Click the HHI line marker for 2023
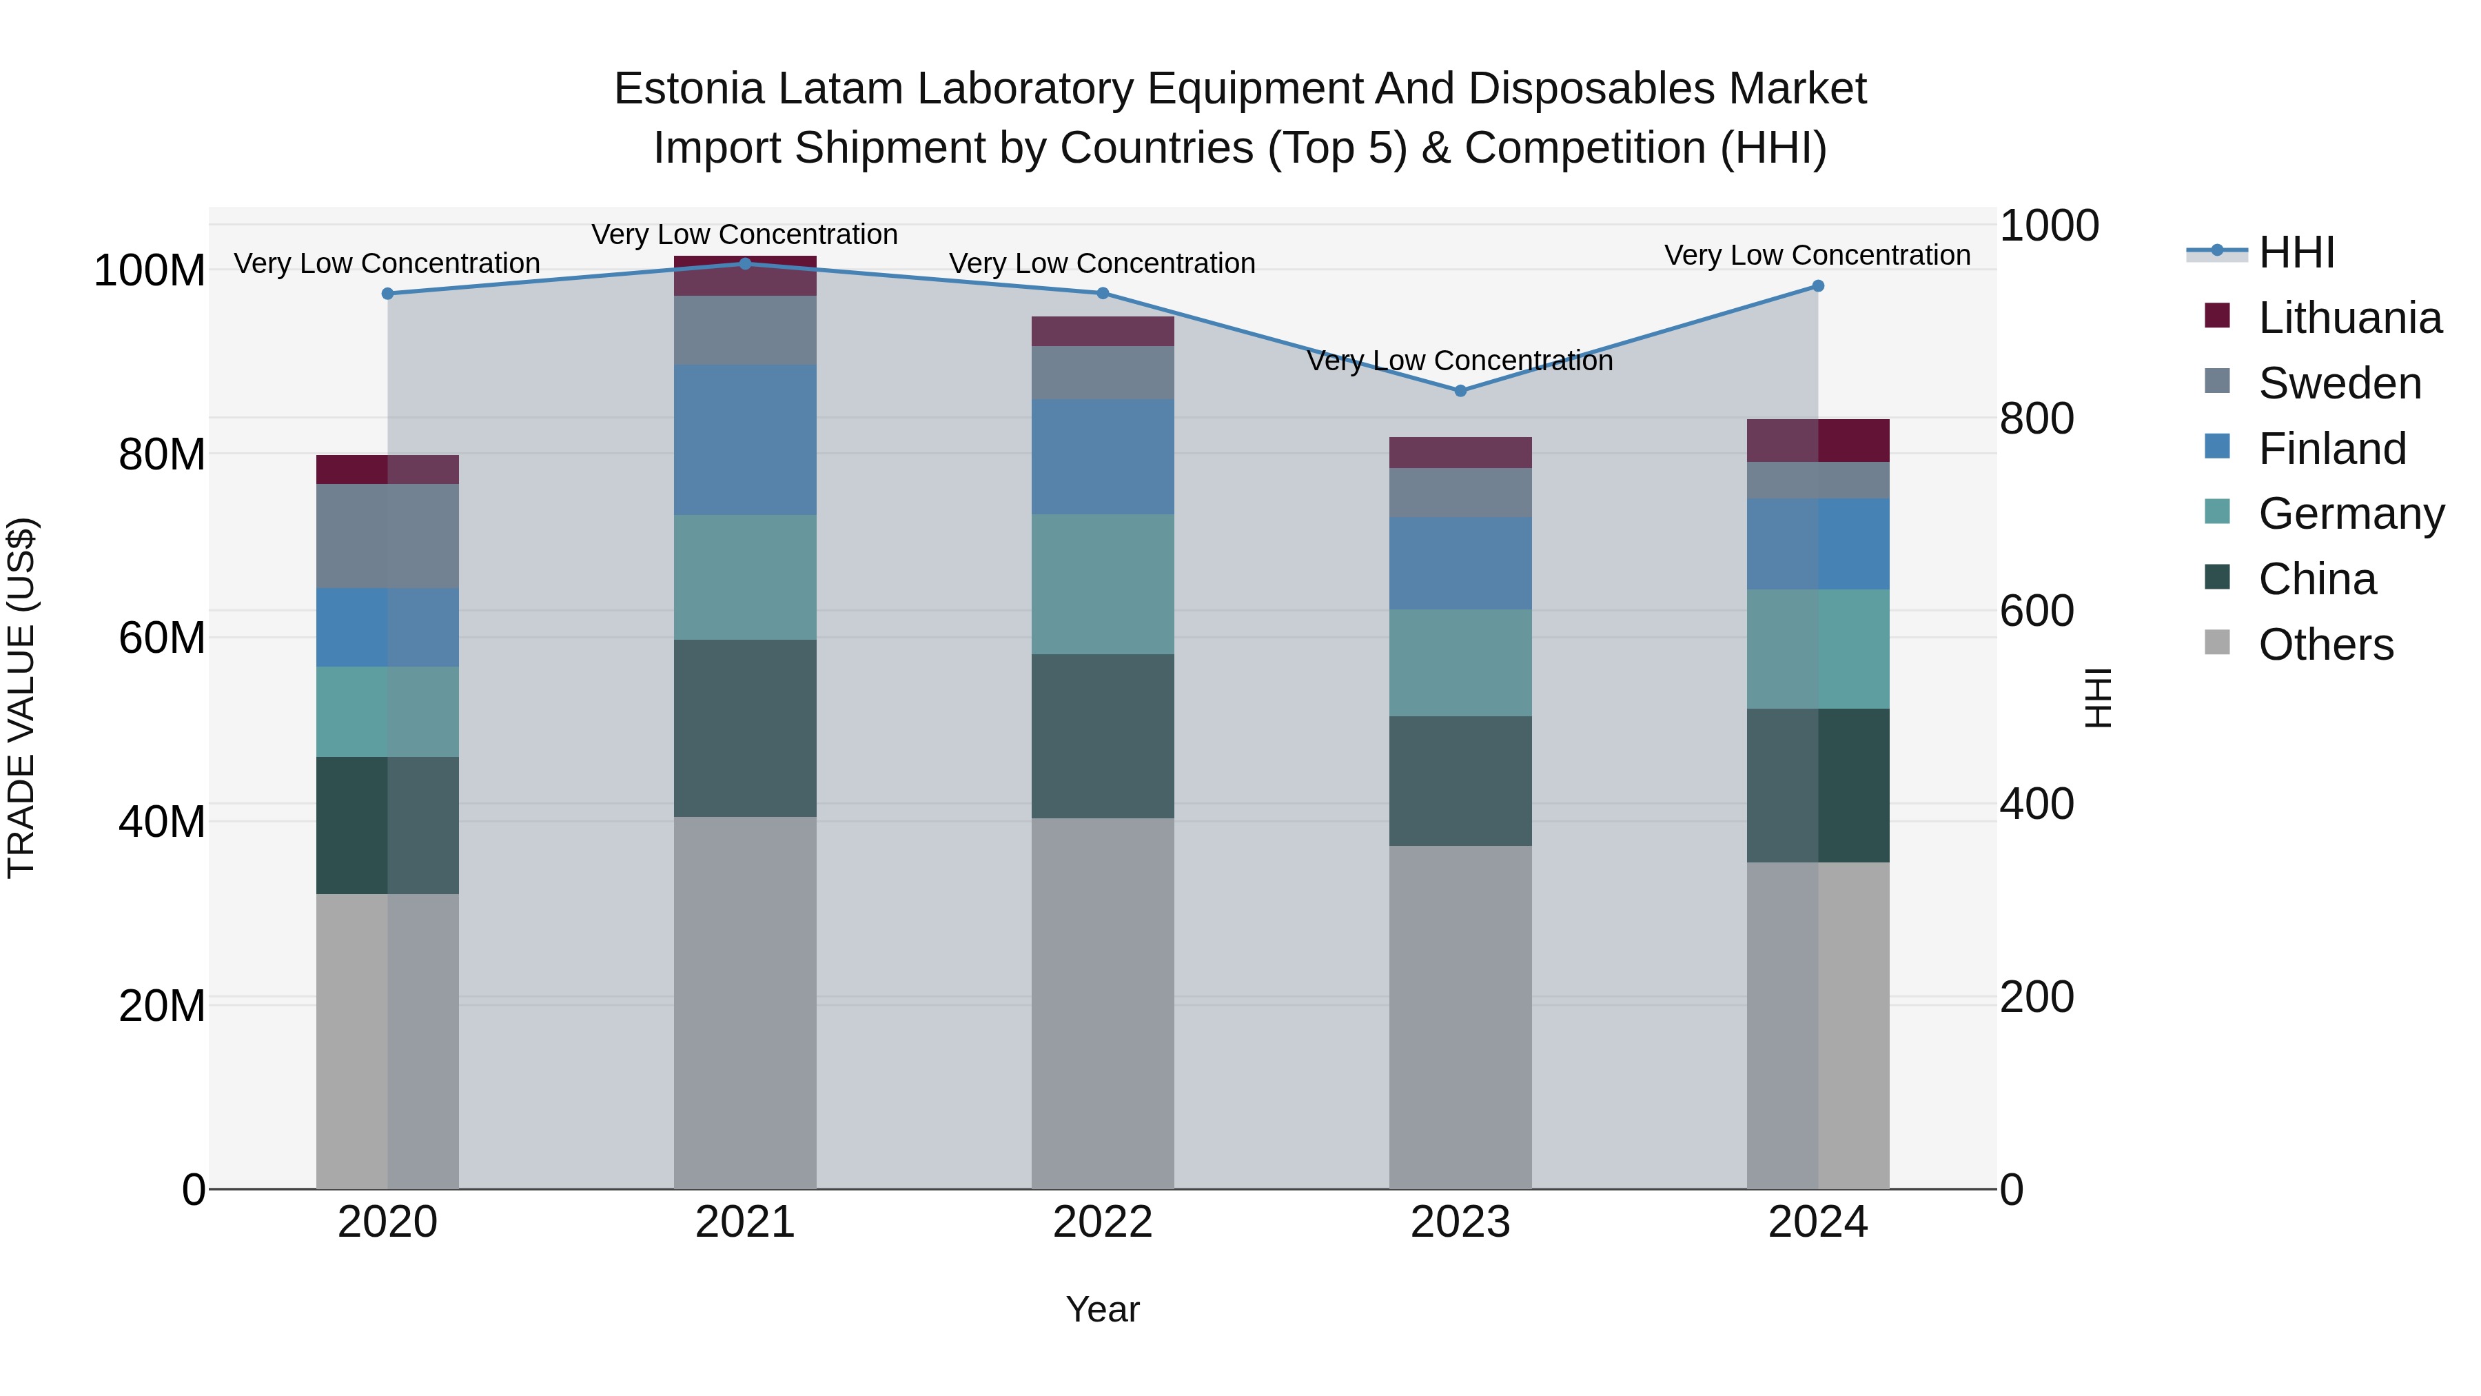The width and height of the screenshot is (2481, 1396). tap(1460, 390)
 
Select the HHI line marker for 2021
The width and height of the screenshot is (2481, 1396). tap(744, 264)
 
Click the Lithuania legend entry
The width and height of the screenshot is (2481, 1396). tap(2349, 318)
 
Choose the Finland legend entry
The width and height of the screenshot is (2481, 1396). tap(2331, 449)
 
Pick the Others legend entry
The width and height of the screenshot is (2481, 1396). tap(2325, 645)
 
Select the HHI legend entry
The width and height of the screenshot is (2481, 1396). tap(2296, 252)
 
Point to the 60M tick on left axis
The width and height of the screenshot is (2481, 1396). tap(162, 638)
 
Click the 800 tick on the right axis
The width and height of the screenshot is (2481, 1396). tap(2036, 418)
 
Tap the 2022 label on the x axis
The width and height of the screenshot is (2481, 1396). tap(1103, 1222)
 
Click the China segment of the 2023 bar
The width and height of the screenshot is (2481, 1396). tap(1460, 780)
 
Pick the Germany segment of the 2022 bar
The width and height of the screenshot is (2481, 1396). tap(1103, 584)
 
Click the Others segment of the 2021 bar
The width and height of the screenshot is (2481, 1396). tap(744, 1002)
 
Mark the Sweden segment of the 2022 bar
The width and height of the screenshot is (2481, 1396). tap(1103, 373)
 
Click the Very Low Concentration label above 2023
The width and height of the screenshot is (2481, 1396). tap(1460, 361)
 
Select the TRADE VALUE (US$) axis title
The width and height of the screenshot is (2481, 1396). tap(21, 698)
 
